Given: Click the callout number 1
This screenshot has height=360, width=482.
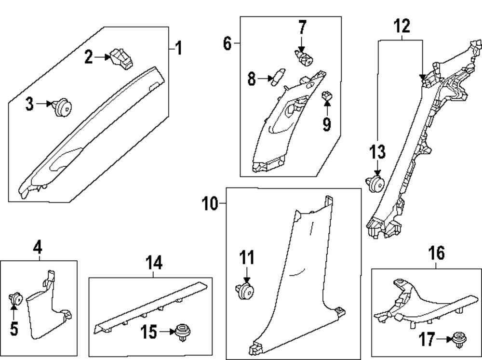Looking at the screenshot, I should coord(178,49).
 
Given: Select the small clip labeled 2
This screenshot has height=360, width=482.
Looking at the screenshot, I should coord(122,58).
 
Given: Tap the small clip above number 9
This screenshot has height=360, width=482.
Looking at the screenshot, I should coord(327,97).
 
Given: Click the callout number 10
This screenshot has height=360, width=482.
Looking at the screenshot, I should coord(210,204).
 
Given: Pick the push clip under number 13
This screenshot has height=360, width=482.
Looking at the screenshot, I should coord(376,183).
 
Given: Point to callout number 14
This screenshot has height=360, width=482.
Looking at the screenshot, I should coord(154,263).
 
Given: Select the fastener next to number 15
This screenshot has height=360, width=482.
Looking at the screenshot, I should coord(182,332).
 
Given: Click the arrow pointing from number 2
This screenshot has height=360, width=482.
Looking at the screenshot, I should coord(102,58).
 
